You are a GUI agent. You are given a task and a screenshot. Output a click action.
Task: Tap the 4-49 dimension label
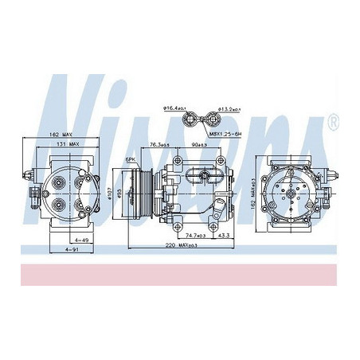tap(78, 240)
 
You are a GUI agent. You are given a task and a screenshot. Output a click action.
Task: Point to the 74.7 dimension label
tap(190, 236)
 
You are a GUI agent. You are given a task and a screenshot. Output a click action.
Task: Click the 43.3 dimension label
tap(224, 236)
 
